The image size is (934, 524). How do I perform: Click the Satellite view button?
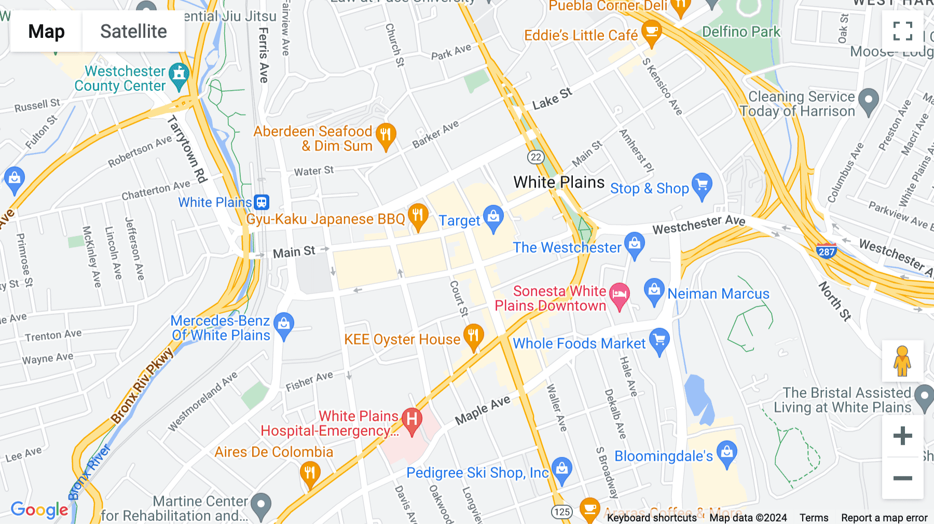click(x=133, y=32)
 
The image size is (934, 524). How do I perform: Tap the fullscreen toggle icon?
click(x=902, y=31)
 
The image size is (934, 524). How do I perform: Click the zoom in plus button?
click(x=902, y=436)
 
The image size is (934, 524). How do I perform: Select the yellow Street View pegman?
click(x=902, y=361)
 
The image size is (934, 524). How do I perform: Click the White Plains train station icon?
click(x=262, y=202)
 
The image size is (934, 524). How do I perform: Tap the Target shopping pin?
click(x=493, y=217)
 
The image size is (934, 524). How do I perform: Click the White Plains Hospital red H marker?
click(x=412, y=419)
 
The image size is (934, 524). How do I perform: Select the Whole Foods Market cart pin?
click(x=659, y=340)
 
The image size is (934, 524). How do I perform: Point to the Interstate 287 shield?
click(x=826, y=251)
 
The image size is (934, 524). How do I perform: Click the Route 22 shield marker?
click(x=535, y=157)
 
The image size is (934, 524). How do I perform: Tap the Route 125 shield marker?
click(x=561, y=512)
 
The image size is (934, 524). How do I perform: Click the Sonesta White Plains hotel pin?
click(x=619, y=294)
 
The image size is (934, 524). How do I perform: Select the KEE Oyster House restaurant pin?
click(x=473, y=336)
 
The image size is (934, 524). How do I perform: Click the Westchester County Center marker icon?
click(x=179, y=74)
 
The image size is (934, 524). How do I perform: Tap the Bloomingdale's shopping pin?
click(x=727, y=452)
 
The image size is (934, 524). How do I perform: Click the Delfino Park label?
click(x=740, y=32)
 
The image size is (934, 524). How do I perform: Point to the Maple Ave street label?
click(x=483, y=410)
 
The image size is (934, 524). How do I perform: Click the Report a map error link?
click(x=884, y=518)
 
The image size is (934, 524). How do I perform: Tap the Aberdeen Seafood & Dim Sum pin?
click(x=386, y=135)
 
